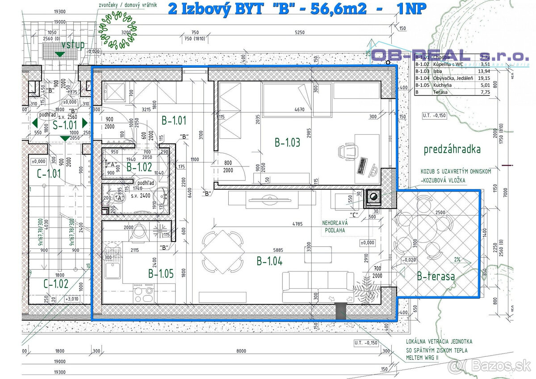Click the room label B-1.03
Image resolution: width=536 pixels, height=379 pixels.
point(287,142)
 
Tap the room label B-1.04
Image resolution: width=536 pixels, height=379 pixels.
point(269,261)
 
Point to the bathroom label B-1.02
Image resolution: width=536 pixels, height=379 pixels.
point(139,167)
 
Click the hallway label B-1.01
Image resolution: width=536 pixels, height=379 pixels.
point(174,120)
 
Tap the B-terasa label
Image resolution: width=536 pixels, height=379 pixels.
point(435,276)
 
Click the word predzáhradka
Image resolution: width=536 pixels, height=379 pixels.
point(452,149)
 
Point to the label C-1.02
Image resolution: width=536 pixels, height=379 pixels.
point(56,283)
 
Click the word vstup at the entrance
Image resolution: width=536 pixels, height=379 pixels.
point(73,45)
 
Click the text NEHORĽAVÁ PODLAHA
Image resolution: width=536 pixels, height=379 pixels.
point(335,226)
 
